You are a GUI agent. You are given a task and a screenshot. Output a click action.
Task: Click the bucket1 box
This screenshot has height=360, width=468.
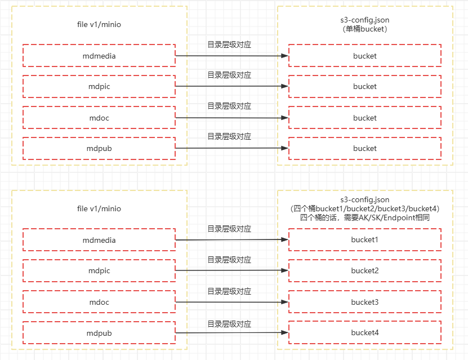click(x=364, y=240)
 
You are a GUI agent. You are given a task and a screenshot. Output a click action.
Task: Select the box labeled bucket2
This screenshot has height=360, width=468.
click(x=364, y=271)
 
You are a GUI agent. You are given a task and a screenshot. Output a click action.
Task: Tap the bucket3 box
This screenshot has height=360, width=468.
click(x=364, y=302)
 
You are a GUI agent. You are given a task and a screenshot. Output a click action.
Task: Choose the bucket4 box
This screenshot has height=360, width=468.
click(x=364, y=332)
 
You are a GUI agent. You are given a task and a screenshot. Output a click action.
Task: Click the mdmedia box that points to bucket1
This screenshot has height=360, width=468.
click(x=99, y=241)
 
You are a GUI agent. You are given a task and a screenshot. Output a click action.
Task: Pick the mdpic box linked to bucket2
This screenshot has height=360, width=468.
click(x=99, y=271)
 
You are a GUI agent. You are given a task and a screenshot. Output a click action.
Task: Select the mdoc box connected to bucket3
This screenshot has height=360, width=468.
click(x=99, y=303)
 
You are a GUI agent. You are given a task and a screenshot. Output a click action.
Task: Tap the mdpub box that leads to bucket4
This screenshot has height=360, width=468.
click(x=99, y=333)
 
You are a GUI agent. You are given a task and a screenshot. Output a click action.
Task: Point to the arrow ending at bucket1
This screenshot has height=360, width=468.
click(x=231, y=240)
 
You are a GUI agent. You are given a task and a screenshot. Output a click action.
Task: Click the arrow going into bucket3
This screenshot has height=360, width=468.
click(x=231, y=302)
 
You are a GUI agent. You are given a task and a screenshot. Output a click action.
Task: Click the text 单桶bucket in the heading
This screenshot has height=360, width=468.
click(x=365, y=29)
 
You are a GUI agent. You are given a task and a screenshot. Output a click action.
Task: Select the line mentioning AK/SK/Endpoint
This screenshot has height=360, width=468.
click(x=365, y=217)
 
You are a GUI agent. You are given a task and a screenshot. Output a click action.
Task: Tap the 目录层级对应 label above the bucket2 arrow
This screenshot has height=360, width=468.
click(x=229, y=260)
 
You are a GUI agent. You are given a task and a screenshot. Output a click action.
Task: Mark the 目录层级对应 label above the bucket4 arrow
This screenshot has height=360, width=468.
click(x=229, y=324)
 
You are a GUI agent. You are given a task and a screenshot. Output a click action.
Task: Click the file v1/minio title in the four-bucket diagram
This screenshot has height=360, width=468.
click(x=99, y=208)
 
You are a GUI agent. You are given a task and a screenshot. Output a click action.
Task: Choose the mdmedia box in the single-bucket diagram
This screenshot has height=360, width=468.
click(x=99, y=56)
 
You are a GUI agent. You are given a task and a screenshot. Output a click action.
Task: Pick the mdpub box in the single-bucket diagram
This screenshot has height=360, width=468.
click(x=99, y=149)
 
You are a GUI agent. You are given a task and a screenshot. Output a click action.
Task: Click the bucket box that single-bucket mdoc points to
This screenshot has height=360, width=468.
click(x=364, y=118)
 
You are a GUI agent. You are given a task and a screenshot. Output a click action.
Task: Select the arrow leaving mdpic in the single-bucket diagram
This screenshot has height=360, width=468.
click(x=231, y=86)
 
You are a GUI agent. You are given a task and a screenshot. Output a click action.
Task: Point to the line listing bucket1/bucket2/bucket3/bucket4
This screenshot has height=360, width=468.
click(x=365, y=208)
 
